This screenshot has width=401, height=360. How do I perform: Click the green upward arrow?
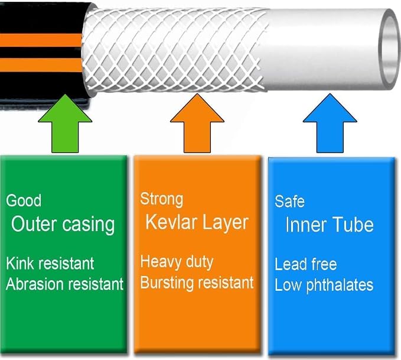pos(65,124)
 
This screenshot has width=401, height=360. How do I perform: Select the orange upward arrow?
pos(197,124)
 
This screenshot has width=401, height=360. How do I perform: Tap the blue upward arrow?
pos(330,124)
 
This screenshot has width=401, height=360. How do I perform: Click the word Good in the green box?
pos(24,200)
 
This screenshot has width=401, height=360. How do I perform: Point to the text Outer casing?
pos(63,225)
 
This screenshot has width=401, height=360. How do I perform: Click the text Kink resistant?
pos(50,264)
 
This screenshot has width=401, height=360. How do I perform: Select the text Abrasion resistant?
pos(65,284)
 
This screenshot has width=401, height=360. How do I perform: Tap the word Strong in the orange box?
pos(162,199)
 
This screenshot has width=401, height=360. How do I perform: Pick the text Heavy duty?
pos(177,262)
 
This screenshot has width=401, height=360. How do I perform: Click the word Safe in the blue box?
pos(290,201)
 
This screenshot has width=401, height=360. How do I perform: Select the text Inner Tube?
pos(330,225)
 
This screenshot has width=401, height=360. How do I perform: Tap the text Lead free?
pos(306,264)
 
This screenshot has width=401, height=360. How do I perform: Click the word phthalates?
pos(340,286)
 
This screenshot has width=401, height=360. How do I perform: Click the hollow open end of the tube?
pos(389,49)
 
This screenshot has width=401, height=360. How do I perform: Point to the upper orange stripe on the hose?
pos(41,40)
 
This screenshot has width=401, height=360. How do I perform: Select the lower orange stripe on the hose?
pos(41,65)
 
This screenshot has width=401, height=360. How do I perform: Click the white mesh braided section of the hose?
pos(175,50)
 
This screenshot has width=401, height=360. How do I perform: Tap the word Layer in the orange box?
pos(226,223)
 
